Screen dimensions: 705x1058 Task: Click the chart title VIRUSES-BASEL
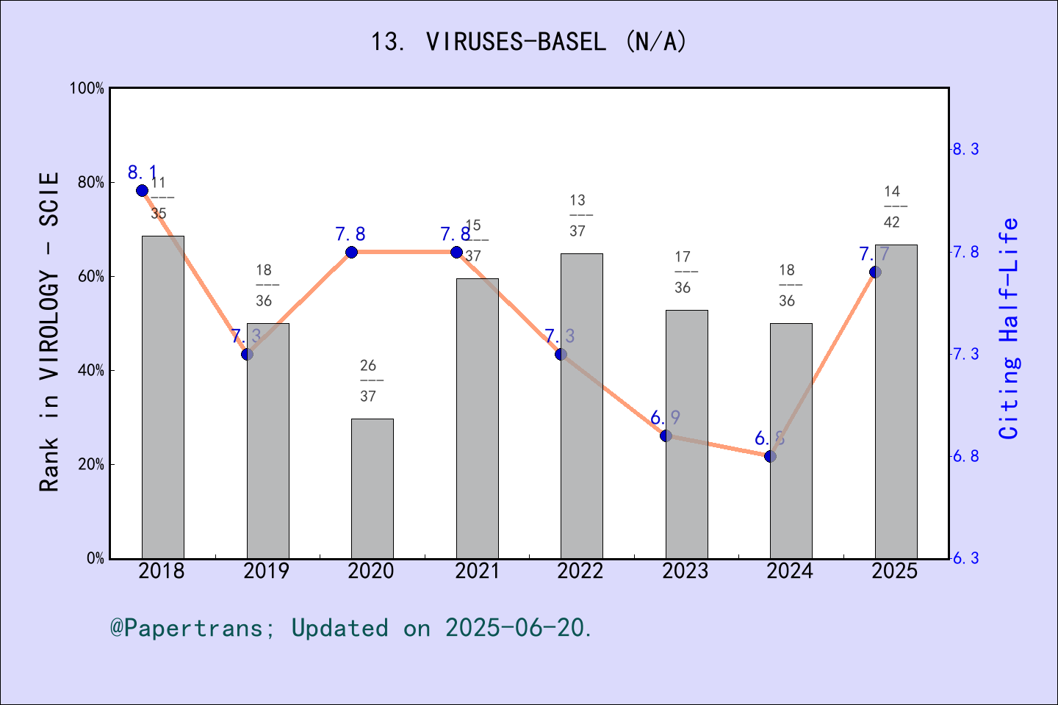click(x=528, y=42)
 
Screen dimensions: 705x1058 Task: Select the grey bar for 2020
click(x=372, y=488)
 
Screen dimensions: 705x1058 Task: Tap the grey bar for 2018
click(x=162, y=397)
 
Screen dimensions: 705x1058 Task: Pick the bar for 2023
click(x=686, y=434)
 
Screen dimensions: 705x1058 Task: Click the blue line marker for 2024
click(x=770, y=456)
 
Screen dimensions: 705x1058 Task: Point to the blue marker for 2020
click(x=351, y=252)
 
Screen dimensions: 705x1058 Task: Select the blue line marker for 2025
click(x=875, y=272)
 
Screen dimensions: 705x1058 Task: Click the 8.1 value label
click(x=143, y=173)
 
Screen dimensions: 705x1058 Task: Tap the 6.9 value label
click(x=665, y=418)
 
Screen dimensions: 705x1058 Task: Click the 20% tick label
click(x=91, y=464)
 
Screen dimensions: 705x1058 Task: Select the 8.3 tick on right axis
click(x=965, y=149)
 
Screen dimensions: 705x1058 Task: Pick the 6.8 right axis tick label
click(x=965, y=456)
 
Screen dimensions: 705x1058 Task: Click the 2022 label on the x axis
click(x=580, y=571)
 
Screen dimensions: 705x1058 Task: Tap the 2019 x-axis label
click(x=266, y=571)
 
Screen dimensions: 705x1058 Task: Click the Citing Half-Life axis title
click(x=1009, y=328)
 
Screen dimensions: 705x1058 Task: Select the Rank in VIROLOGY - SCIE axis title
click(x=48, y=331)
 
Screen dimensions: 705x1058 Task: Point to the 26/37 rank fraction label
click(x=368, y=380)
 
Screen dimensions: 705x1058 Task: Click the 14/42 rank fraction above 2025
click(x=892, y=206)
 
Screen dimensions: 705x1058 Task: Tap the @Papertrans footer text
click(x=351, y=628)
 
